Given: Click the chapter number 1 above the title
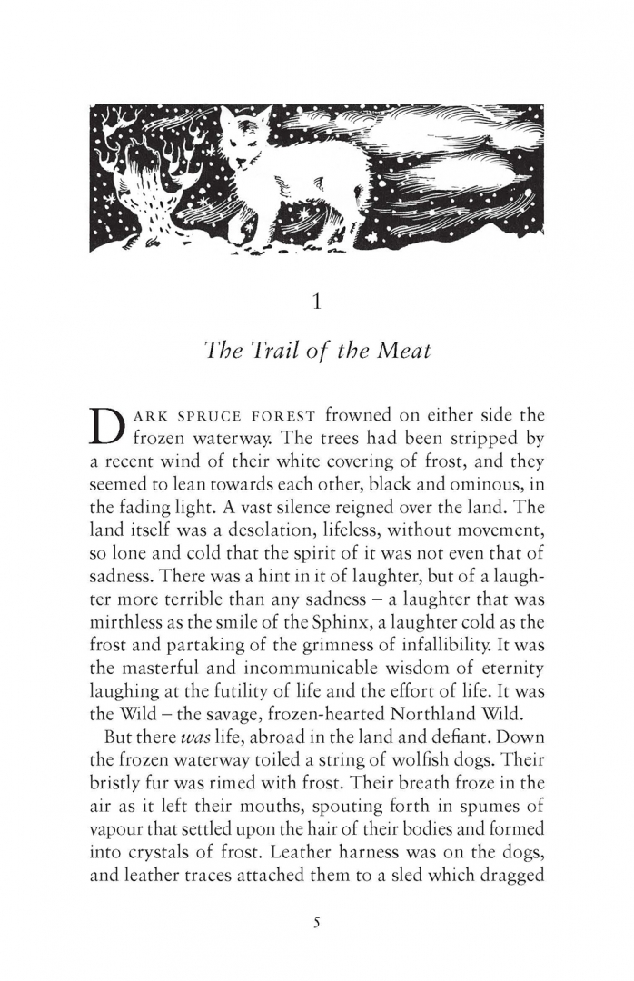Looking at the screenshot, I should [x=316, y=302].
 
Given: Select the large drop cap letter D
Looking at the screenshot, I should [x=108, y=427].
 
